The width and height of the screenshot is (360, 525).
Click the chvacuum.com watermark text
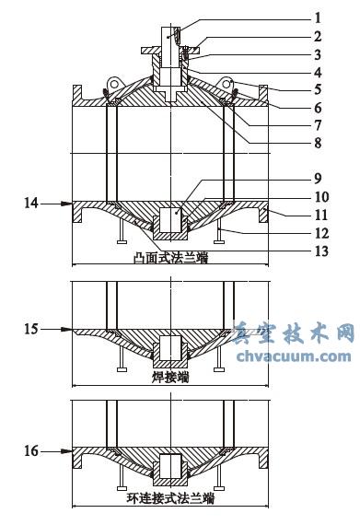[x=294, y=356]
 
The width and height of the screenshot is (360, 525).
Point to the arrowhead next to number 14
[x=67, y=203]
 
